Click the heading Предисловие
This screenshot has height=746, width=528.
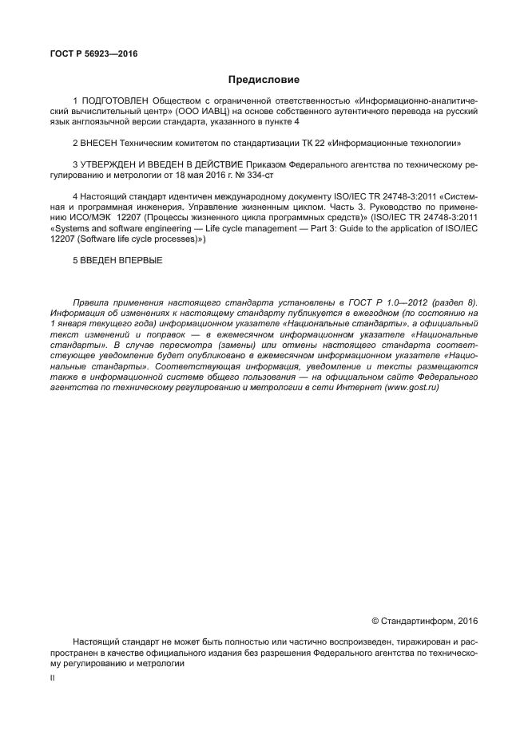click(x=264, y=80)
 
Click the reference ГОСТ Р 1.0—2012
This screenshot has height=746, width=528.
click(x=386, y=304)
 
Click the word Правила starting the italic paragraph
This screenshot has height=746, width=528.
click(x=91, y=304)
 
